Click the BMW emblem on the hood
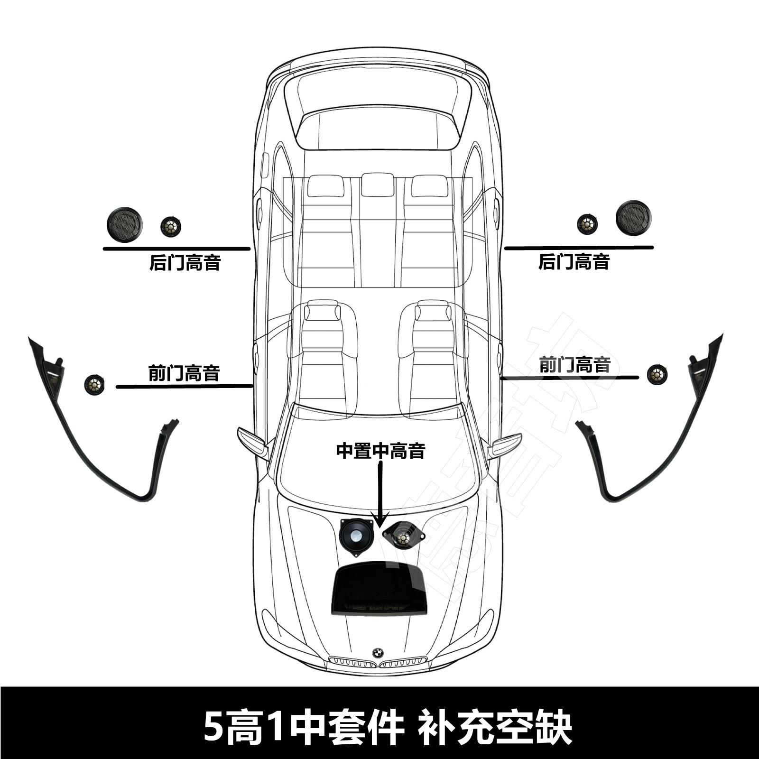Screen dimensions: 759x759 pyautogui.click(x=378, y=653)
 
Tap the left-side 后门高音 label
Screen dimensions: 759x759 pyautogui.click(x=185, y=262)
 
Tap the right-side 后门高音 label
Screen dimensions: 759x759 pyautogui.click(x=574, y=261)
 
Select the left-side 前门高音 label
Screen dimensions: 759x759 pyautogui.click(x=184, y=373)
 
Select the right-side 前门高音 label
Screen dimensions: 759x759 pyautogui.click(x=574, y=365)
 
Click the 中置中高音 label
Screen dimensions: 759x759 pyautogui.click(x=380, y=451)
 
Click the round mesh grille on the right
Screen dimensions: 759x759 pyautogui.click(x=634, y=217)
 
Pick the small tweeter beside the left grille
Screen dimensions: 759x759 pyautogui.click(x=170, y=227)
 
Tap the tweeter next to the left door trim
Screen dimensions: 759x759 pyautogui.click(x=94, y=384)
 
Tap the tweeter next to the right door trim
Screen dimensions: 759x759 pyautogui.click(x=657, y=374)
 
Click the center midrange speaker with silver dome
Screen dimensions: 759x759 pyautogui.click(x=355, y=535)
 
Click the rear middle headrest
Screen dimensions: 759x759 pyautogui.click(x=378, y=185)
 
